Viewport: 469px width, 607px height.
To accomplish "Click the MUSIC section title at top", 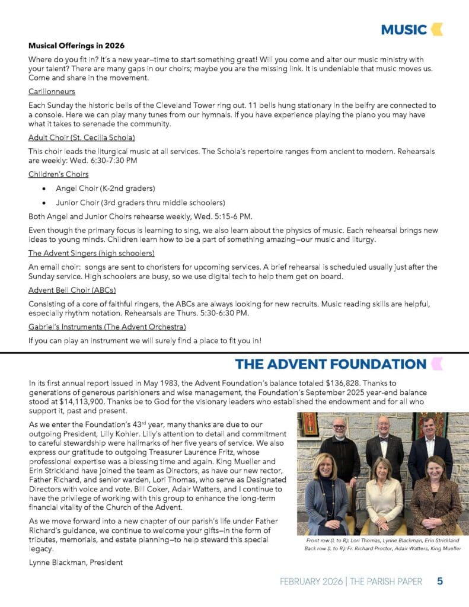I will pyautogui.click(x=404, y=29).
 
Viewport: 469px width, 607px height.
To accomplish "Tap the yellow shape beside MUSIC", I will pyautogui.click(x=437, y=29).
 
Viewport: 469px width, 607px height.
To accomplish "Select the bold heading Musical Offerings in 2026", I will pyautogui.click(x=76, y=46).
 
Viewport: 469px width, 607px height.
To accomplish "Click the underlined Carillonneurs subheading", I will pyautogui.click(x=52, y=92).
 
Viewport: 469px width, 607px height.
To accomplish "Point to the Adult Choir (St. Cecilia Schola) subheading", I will pyautogui.click(x=82, y=138).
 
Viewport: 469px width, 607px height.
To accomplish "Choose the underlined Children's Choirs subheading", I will pyautogui.click(x=59, y=174).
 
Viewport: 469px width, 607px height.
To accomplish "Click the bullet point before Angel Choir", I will pyautogui.click(x=44, y=189).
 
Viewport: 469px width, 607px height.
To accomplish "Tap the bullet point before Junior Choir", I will pyautogui.click(x=44, y=203).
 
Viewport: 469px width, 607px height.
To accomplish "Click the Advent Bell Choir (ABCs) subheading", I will pyautogui.click(x=72, y=290).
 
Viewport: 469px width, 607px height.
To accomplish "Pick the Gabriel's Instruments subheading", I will pyautogui.click(x=107, y=327).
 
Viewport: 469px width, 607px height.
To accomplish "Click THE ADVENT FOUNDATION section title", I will pyautogui.click(x=330, y=364).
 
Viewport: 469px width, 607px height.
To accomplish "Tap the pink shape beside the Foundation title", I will pyautogui.click(x=437, y=364).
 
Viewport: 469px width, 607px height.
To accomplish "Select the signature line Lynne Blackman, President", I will pyautogui.click(x=75, y=562).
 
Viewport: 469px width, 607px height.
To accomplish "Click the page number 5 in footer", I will pyautogui.click(x=440, y=582).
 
